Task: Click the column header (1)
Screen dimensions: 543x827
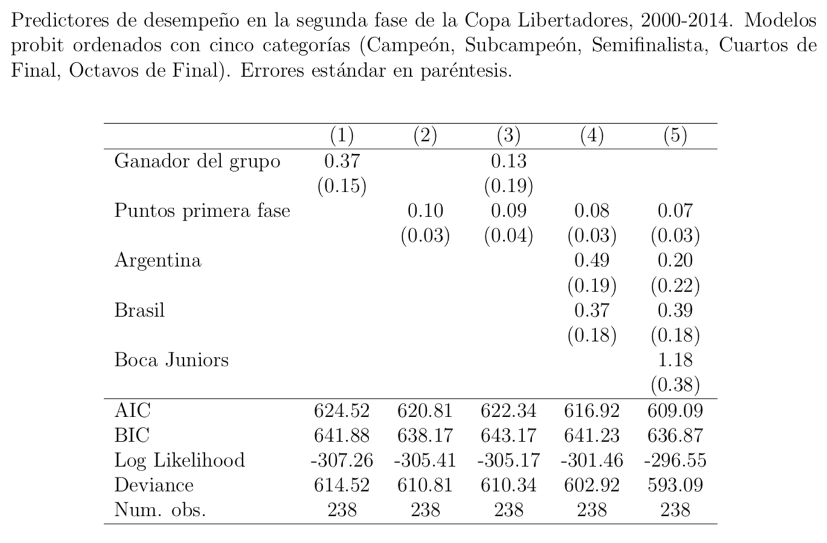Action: pyautogui.click(x=342, y=135)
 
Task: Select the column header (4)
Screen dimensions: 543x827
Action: pyautogui.click(x=591, y=135)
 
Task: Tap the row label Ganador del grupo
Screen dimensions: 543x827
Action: pyautogui.click(x=197, y=161)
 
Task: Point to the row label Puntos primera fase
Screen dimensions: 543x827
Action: pyautogui.click(x=202, y=210)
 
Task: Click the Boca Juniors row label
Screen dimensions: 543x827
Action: pyautogui.click(x=172, y=360)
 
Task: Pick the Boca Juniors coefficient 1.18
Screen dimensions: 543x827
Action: pyautogui.click(x=675, y=360)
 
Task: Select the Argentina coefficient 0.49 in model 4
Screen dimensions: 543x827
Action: pyautogui.click(x=591, y=260)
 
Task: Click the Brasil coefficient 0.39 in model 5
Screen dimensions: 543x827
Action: pyautogui.click(x=675, y=310)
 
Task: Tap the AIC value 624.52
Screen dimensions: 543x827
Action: pyautogui.click(x=342, y=411)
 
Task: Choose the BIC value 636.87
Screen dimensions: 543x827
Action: pyautogui.click(x=675, y=435)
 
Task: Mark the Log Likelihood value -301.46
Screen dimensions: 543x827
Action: pyautogui.click(x=591, y=460)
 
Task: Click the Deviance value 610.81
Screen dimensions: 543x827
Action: pyautogui.click(x=425, y=485)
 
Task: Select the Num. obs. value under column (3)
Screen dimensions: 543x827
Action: pyautogui.click(x=509, y=510)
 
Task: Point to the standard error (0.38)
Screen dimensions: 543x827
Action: pyautogui.click(x=675, y=385)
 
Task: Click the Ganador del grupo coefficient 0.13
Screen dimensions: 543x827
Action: pyautogui.click(x=509, y=161)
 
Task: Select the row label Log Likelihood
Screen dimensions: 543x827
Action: pyautogui.click(x=179, y=460)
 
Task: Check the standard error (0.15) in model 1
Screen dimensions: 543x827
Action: pyautogui.click(x=342, y=186)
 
